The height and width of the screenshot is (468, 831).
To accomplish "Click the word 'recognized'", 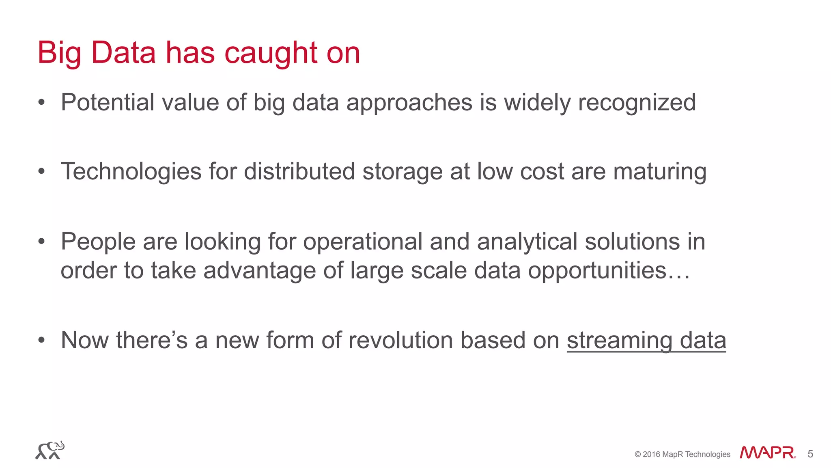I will (637, 103).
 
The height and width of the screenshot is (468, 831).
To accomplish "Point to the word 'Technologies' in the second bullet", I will (131, 172).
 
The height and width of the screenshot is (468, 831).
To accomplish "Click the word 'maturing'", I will (660, 172).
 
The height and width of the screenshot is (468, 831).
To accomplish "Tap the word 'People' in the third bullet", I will (98, 242).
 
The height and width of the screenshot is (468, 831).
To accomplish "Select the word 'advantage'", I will (259, 271).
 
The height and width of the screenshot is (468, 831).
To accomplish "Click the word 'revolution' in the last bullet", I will (400, 340).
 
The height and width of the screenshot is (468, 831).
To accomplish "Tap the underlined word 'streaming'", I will (619, 341).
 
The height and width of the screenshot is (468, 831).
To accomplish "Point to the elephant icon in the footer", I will (50, 450).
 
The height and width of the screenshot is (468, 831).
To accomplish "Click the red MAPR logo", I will (767, 453).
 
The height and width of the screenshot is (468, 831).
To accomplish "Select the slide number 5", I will (810, 454).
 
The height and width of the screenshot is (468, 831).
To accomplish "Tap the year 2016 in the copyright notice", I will (651, 454).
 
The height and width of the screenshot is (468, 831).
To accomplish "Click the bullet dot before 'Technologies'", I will (41, 172).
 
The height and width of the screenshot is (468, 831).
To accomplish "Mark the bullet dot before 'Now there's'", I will (41, 340).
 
